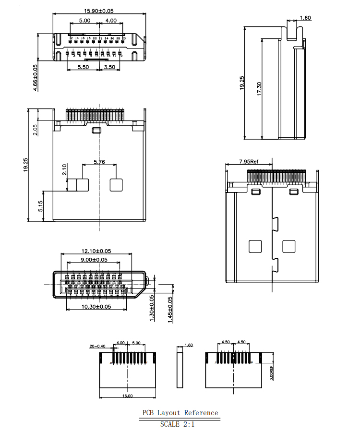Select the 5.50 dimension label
click(83, 67)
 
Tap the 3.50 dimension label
click(109, 67)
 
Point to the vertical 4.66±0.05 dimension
click(36, 79)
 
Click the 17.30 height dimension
click(259, 90)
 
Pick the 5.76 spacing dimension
click(99, 162)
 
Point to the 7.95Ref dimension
click(249, 161)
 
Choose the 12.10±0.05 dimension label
click(96, 251)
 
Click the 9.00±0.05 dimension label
click(94, 260)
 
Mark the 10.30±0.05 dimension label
click(96, 306)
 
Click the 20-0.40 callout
click(97, 346)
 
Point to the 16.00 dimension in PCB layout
click(127, 396)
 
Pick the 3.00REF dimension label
click(272, 372)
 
